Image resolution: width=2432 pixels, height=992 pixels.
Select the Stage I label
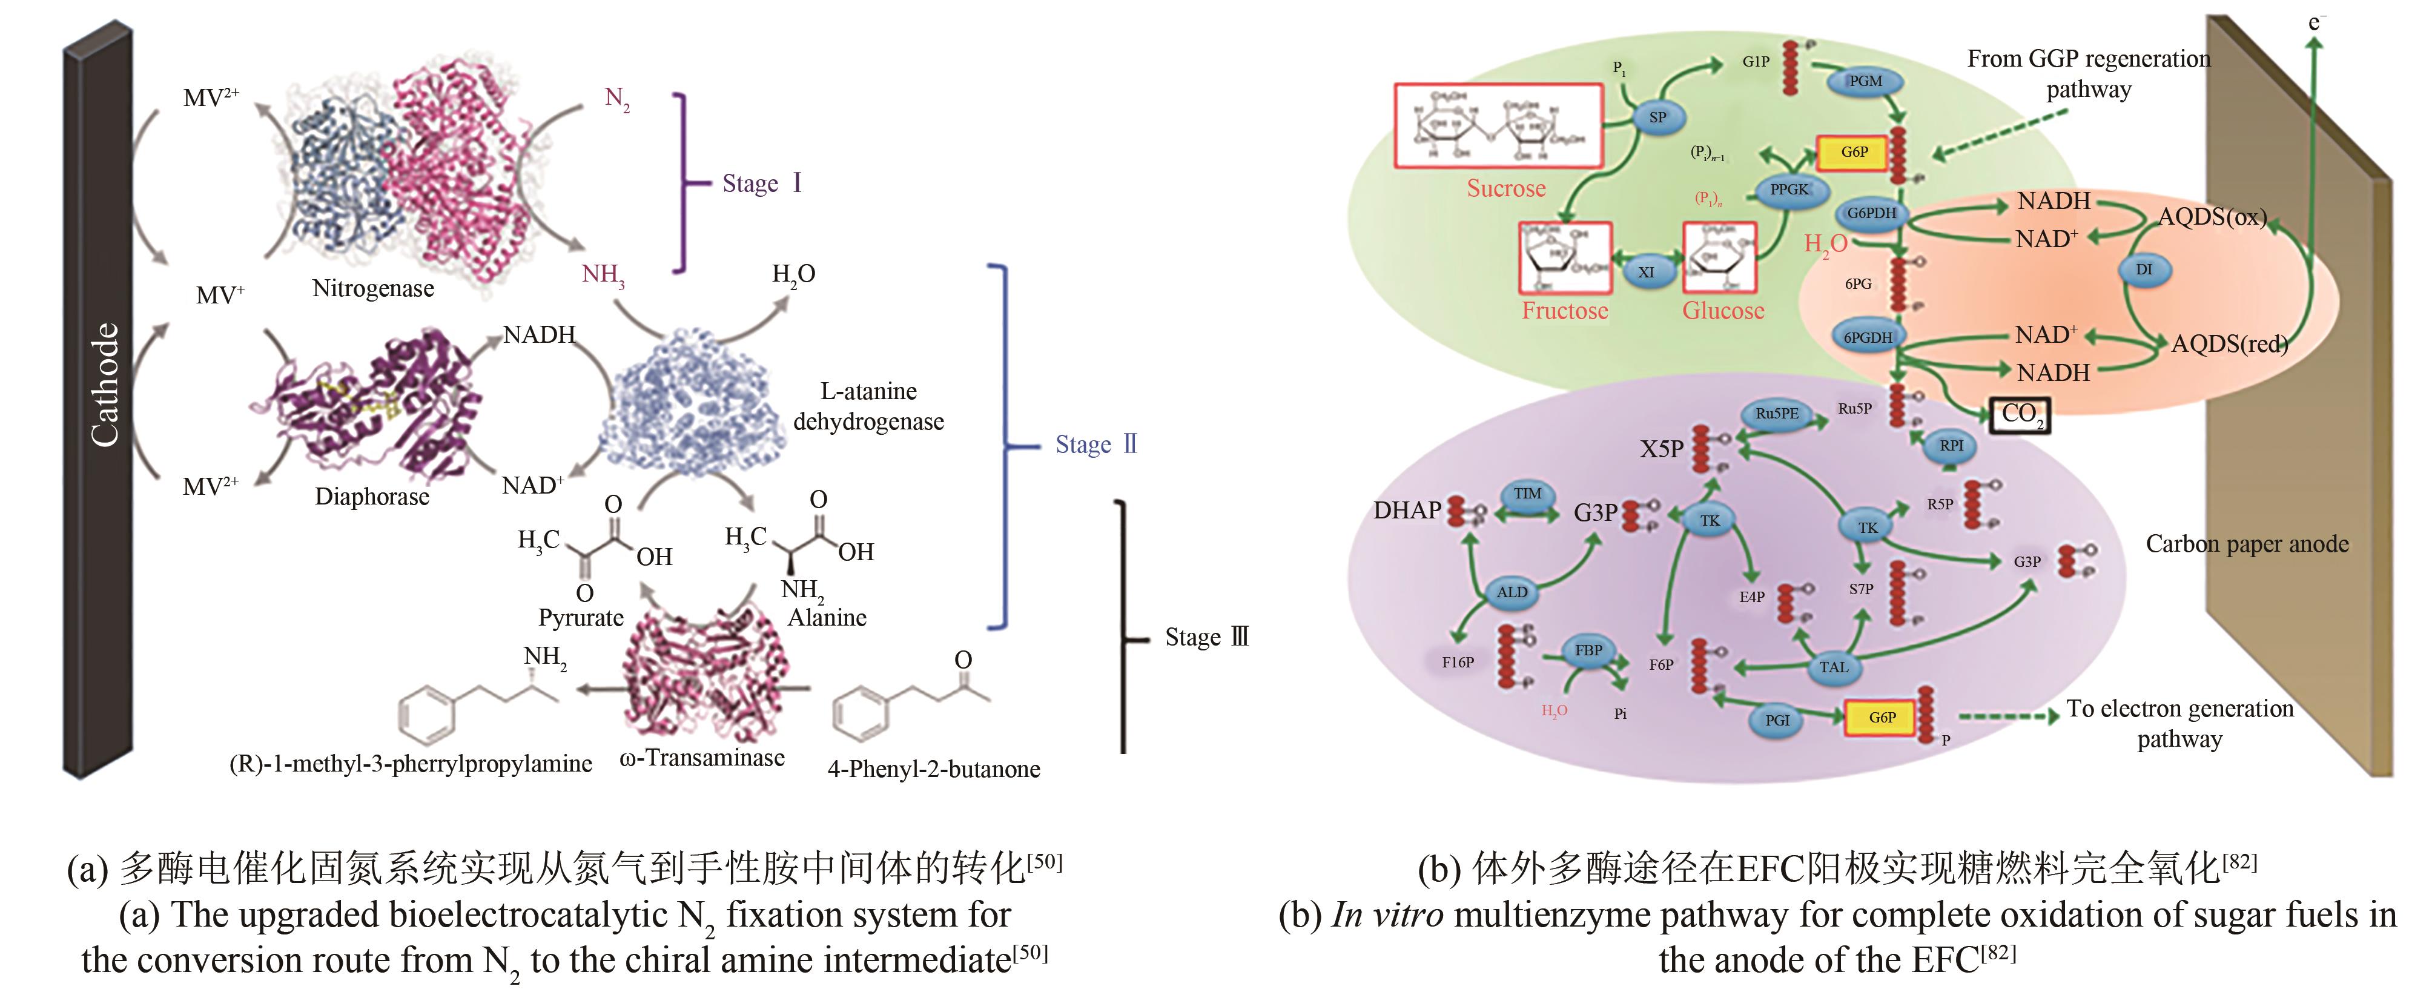762,183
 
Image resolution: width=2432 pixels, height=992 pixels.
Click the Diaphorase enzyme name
372,497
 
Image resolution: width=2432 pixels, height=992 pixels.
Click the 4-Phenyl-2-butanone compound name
934,769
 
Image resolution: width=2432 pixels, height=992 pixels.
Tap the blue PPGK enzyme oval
1789,190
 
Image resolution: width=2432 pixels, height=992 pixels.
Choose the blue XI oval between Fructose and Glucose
1645,272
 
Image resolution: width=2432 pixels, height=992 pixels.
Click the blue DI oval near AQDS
2144,270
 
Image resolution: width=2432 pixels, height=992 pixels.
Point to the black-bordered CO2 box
2020,414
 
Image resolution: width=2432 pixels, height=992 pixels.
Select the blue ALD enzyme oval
1512,592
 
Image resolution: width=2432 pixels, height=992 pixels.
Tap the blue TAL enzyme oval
1834,667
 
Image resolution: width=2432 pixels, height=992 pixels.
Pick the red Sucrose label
1506,189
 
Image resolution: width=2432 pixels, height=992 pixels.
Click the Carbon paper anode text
2247,544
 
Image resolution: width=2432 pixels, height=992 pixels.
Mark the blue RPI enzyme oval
1951,446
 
